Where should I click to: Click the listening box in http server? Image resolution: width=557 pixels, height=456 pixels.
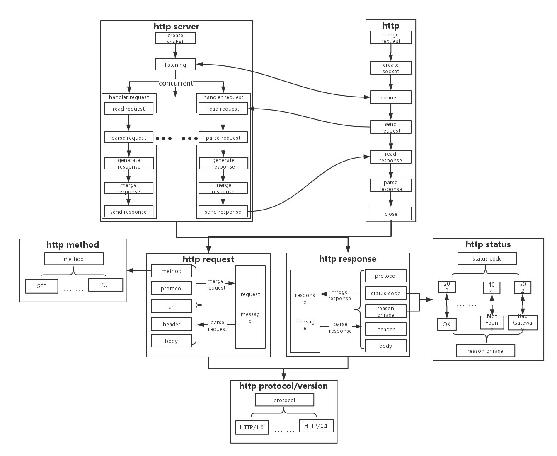175,65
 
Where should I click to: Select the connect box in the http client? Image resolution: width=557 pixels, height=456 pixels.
391,97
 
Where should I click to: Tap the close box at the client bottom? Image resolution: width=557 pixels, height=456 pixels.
391,214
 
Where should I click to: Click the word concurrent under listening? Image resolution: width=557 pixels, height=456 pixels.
176,83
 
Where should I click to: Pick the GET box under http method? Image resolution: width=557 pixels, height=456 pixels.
41,286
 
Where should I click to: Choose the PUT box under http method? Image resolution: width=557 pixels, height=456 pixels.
106,285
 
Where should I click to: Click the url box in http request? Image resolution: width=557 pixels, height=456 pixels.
172,306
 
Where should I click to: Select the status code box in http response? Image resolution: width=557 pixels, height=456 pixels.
385,293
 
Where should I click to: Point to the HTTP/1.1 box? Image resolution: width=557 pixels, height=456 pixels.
316,426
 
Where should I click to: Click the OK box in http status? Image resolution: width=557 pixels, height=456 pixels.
446,324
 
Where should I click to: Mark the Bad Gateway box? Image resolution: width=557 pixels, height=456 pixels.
523,323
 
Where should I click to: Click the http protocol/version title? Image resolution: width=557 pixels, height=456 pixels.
283,386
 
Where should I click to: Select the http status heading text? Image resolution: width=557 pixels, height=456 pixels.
488,244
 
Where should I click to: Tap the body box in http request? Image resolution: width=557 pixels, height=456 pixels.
172,341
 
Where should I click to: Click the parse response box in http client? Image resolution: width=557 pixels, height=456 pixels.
391,186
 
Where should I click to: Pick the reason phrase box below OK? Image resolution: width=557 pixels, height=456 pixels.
485,351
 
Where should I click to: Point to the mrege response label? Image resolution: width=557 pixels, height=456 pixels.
339,295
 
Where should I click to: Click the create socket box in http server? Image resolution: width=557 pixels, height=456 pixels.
175,39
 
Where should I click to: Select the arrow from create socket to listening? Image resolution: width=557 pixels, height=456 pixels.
175,51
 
